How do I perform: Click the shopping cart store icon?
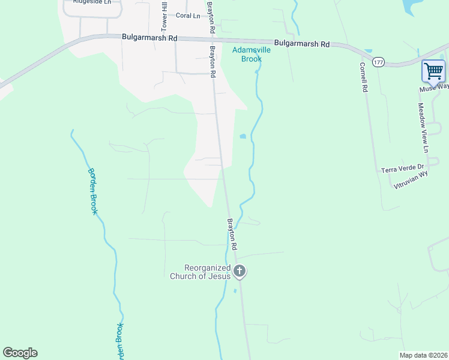click(x=433, y=71)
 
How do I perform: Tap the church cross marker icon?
click(x=240, y=272)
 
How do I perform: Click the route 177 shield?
click(x=378, y=62)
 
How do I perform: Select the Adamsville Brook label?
click(x=252, y=55)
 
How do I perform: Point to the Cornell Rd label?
click(x=363, y=77)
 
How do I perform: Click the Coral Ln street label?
click(x=188, y=16)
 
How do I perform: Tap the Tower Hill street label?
click(x=163, y=17)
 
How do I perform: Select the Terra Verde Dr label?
click(x=403, y=169)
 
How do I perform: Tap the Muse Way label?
click(x=433, y=88)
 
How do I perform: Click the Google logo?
click(x=20, y=353)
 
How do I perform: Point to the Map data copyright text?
click(x=423, y=355)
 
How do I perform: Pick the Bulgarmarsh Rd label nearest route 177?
click(x=302, y=44)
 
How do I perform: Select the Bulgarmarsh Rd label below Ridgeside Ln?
click(x=149, y=37)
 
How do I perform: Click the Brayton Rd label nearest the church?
click(x=232, y=235)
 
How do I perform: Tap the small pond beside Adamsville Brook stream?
click(x=243, y=137)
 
